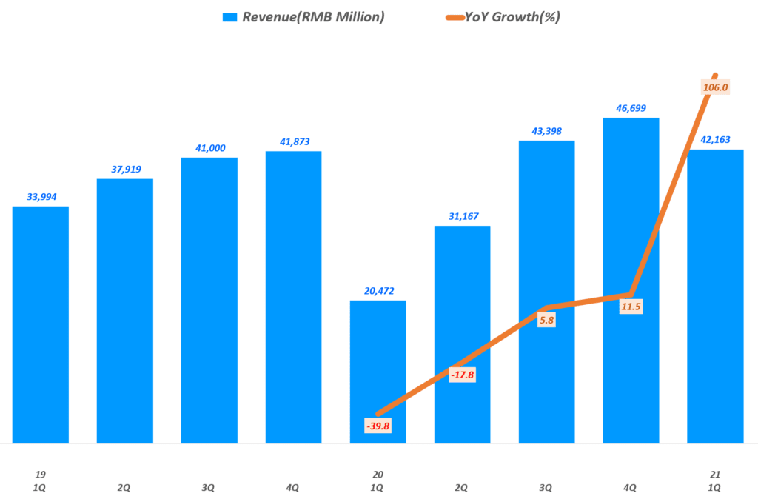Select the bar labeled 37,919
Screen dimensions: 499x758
[x=125, y=311]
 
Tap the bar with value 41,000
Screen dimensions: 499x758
[x=209, y=300]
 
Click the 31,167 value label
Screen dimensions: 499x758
[x=462, y=216]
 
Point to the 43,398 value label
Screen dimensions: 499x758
[x=546, y=131]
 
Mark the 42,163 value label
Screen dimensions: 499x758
[x=715, y=140]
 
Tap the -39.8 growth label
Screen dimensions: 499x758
[x=378, y=426]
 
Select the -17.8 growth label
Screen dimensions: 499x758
[x=462, y=375]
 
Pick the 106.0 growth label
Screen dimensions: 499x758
[x=714, y=87]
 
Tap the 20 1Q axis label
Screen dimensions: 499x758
[x=378, y=481]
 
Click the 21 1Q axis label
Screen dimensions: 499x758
[x=714, y=481]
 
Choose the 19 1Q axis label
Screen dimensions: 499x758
[x=41, y=481]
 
